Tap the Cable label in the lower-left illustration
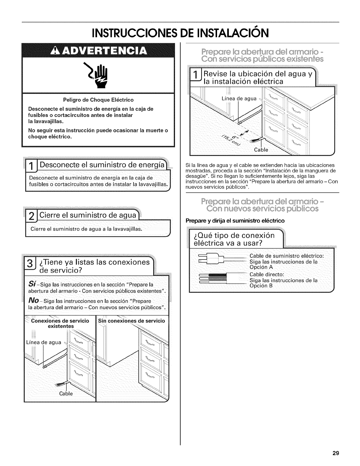[x=66, y=393]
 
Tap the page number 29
[x=336, y=453]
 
